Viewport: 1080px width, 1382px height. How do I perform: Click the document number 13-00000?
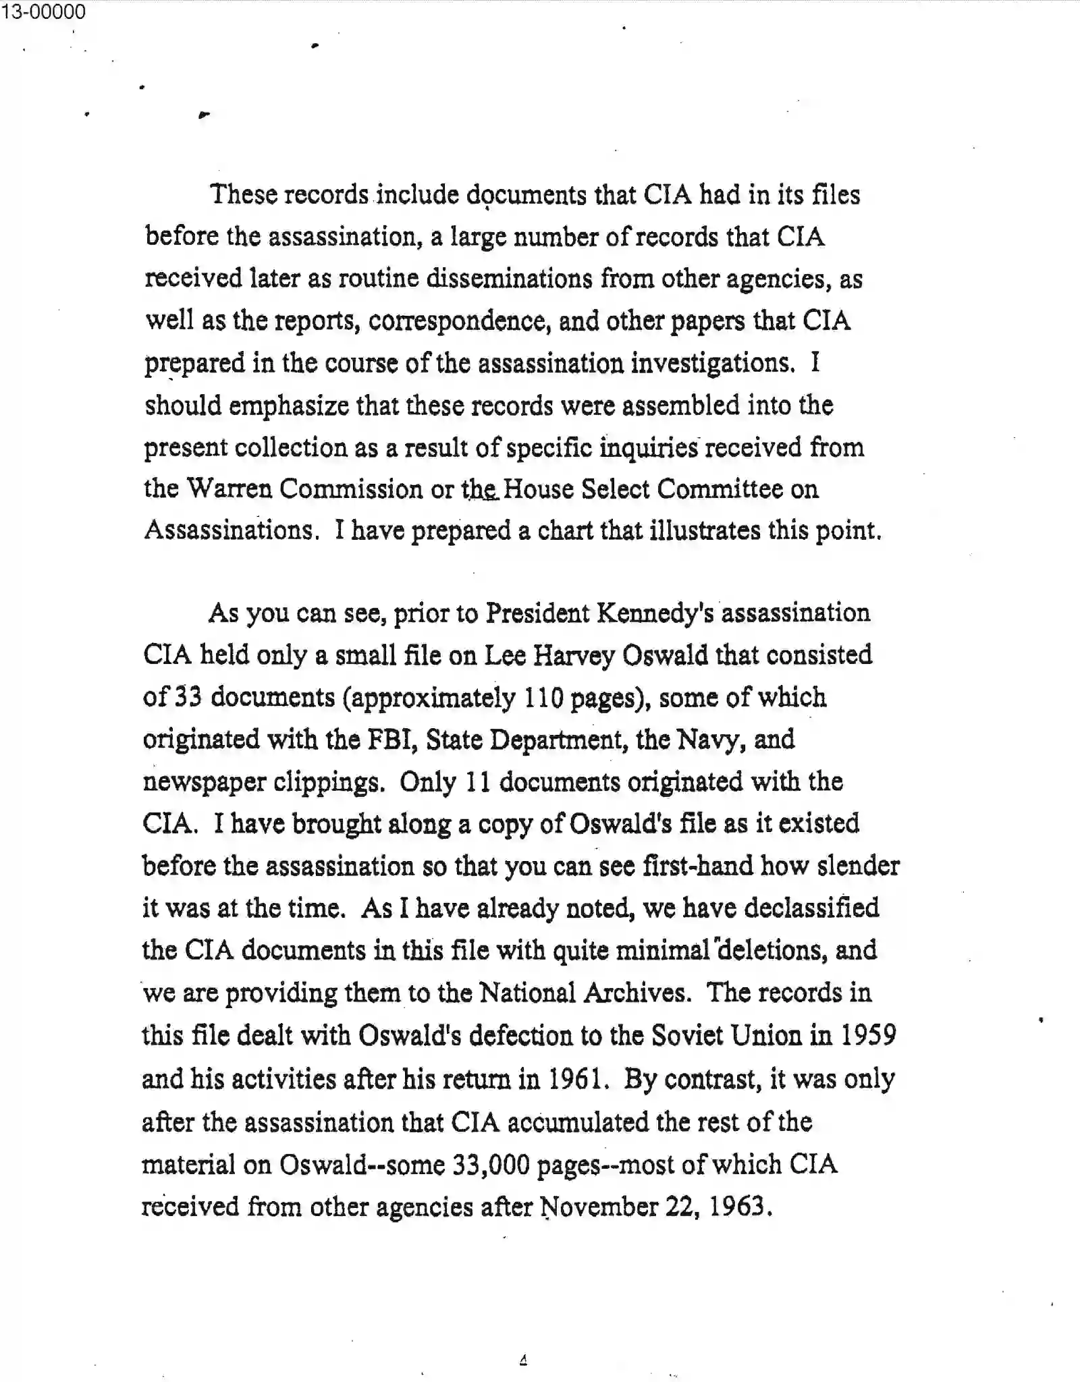pos(43,11)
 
